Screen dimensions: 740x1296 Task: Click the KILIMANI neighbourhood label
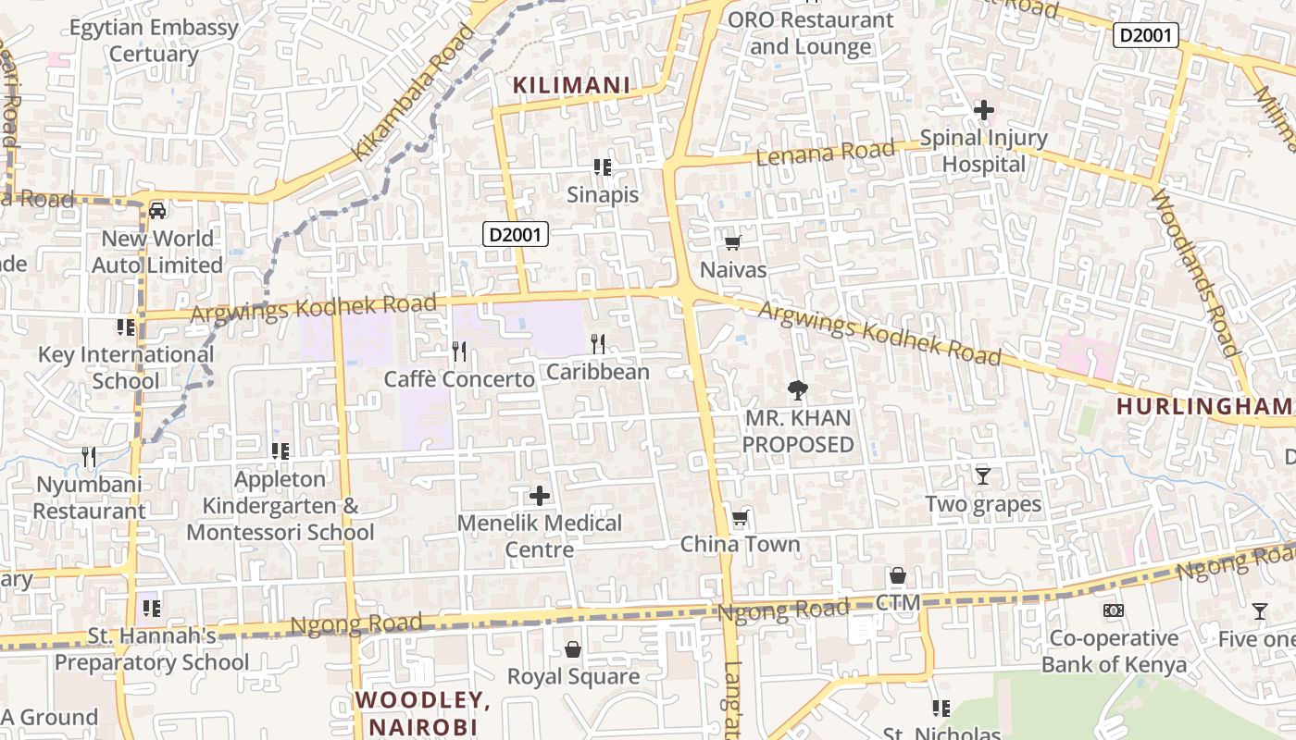tap(571, 86)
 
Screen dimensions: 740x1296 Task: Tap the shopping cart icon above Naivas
tap(732, 242)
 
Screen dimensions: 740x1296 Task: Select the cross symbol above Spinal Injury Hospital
tap(983, 110)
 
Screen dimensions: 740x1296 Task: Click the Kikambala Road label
tap(413, 92)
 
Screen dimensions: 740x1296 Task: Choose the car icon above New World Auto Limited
tap(157, 211)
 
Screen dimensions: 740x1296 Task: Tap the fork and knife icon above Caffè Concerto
tap(458, 351)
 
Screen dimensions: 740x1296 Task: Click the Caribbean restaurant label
tap(597, 372)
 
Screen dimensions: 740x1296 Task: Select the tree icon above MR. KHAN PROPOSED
tap(796, 390)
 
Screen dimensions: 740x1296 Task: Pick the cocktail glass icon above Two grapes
tap(982, 476)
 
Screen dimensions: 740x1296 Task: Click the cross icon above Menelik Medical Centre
tap(540, 496)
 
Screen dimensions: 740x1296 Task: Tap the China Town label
tap(740, 544)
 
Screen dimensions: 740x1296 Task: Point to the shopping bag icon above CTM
tap(897, 576)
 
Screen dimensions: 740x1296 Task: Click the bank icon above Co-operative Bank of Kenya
tap(1114, 610)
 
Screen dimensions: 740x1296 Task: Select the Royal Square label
tap(573, 677)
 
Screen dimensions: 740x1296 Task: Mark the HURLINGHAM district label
tap(1203, 406)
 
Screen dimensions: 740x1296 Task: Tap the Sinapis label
tap(603, 195)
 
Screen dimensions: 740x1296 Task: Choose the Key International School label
tap(126, 367)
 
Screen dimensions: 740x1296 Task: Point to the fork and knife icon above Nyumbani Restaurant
tap(89, 456)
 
